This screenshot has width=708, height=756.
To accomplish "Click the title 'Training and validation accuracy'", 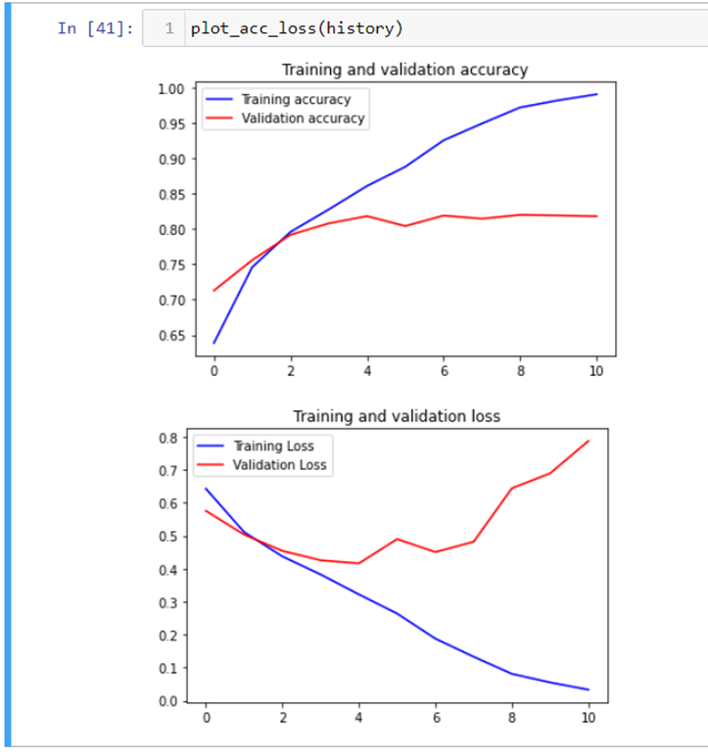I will (x=404, y=70).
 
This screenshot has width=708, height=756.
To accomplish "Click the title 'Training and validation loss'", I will (x=397, y=416).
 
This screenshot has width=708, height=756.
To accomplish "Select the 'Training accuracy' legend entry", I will (x=295, y=99).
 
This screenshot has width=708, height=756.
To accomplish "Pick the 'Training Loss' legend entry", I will (x=278, y=446).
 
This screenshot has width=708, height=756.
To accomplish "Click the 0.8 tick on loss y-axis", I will (x=167, y=438).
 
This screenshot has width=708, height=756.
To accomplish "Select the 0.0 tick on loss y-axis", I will (x=167, y=701).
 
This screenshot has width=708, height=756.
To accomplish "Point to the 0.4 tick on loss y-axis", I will (x=167, y=570).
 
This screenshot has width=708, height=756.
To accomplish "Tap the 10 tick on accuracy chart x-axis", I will (x=596, y=371).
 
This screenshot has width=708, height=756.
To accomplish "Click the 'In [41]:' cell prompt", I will (x=94, y=27).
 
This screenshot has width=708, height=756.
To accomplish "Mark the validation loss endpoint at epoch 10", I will (x=589, y=441).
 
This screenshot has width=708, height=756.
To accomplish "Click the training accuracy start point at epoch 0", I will (x=213, y=343).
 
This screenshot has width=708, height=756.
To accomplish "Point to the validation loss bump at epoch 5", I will (x=398, y=539).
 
